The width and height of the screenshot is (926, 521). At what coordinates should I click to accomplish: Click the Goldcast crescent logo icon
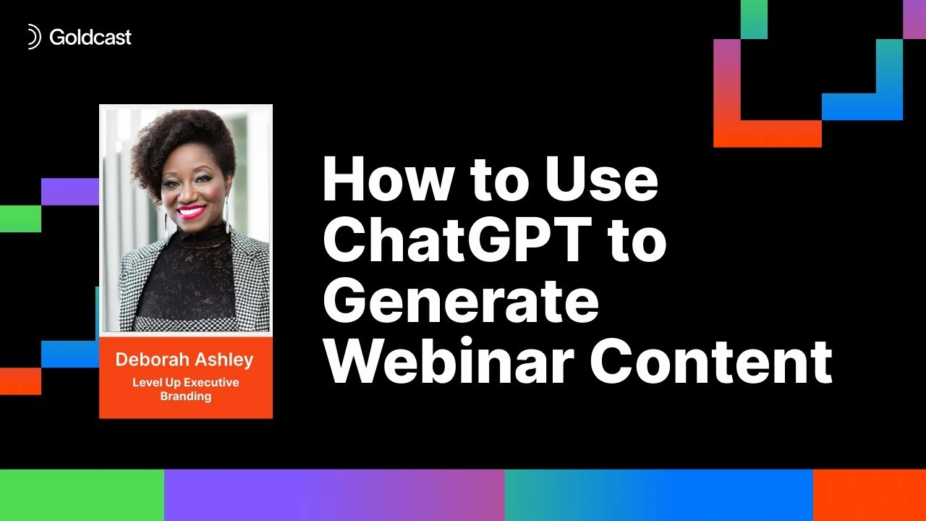pos(33,37)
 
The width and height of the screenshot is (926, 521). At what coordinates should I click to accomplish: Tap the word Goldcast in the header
pos(90,37)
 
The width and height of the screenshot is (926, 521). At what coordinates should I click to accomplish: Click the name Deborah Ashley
pos(185,360)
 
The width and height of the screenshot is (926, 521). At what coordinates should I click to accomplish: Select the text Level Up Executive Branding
pos(185,389)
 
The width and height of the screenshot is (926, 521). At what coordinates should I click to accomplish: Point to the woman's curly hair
pos(181,141)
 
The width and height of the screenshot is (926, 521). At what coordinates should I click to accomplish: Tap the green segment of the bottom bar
pos(82,495)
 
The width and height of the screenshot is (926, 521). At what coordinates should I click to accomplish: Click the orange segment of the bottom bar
pos(870,495)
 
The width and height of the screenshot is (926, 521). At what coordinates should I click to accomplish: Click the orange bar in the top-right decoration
pos(767,134)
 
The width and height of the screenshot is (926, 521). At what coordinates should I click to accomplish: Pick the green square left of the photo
pos(20,219)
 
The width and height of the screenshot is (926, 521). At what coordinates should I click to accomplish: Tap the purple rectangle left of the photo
pos(69,191)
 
